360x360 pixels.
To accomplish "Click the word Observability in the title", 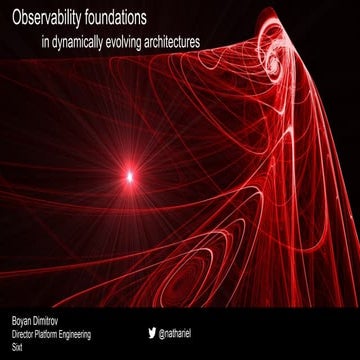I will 54,18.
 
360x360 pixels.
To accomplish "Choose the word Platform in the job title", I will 61,336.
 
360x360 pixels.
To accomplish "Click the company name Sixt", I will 18,350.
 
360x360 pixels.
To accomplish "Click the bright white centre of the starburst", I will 129,176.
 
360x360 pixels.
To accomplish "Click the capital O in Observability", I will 17,18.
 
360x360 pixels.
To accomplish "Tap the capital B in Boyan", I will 14,322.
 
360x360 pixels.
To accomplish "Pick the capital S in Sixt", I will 13,350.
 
